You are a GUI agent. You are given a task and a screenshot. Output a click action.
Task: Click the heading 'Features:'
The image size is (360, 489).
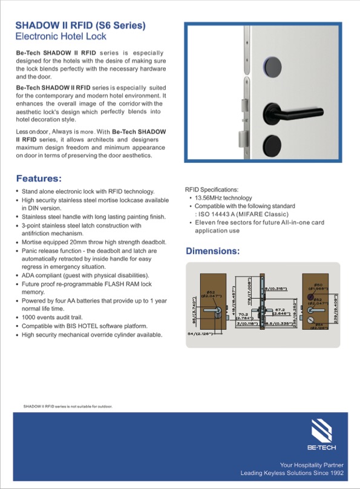coord(39,179)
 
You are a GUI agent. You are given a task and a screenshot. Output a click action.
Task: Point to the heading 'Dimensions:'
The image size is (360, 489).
coord(212,251)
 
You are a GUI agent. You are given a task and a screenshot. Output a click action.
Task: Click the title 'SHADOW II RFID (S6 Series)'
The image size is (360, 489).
coord(80,25)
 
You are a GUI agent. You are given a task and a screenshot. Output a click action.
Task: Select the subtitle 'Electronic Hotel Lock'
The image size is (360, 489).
coord(61,37)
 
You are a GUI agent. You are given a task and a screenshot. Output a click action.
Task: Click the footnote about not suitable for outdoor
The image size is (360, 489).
coord(68,406)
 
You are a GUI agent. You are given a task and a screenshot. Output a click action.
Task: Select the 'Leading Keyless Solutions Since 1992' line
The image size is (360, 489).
coord(292,473)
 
